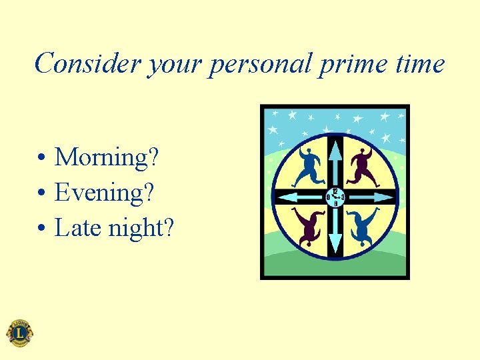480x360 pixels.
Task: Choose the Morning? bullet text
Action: [107, 158]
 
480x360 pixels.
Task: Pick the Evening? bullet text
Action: [104, 193]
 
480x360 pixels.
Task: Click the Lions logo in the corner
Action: [19, 333]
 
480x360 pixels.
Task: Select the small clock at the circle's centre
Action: [335, 197]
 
